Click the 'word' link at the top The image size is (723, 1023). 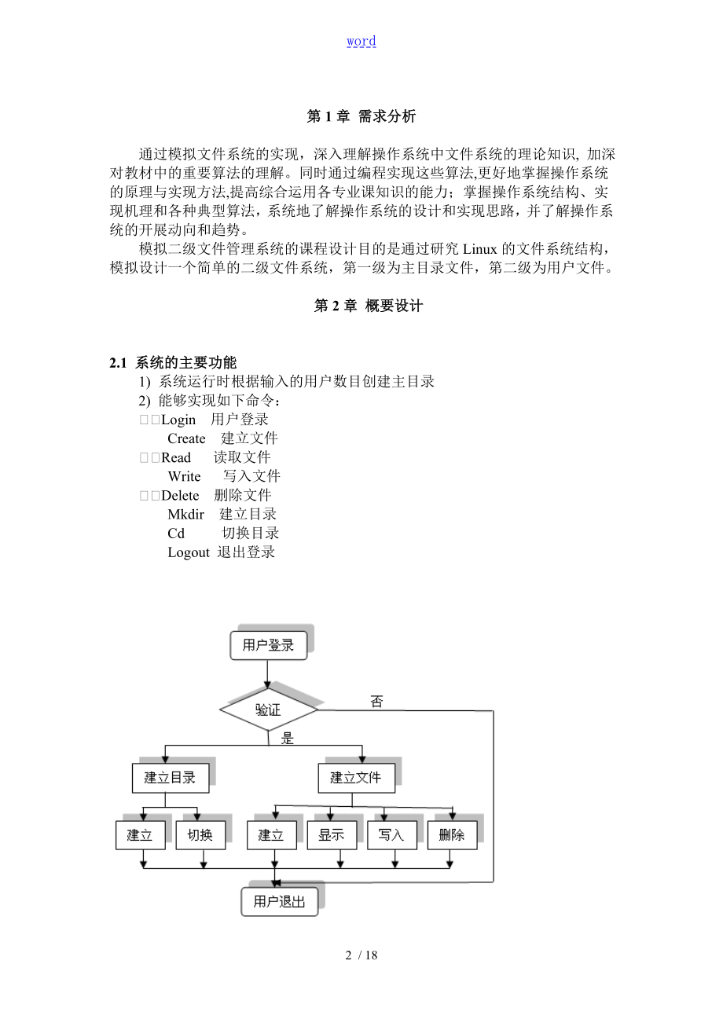point(361,41)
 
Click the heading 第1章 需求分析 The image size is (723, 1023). point(361,116)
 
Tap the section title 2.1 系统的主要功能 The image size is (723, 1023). point(173,362)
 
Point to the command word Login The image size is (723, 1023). point(178,420)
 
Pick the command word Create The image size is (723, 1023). point(186,438)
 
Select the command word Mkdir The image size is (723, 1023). point(185,514)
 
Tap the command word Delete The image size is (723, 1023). point(180,495)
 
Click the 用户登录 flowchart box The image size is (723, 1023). point(268,645)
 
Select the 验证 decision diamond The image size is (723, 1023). point(268,710)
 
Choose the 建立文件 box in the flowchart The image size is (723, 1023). point(355,778)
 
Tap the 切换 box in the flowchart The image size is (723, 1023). point(201,834)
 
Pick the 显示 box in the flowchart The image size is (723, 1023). point(332,834)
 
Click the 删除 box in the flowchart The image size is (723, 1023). point(452,834)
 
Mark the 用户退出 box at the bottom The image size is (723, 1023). point(279,901)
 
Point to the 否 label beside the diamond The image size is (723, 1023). point(376,702)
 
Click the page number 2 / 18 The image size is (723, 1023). point(361,955)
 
